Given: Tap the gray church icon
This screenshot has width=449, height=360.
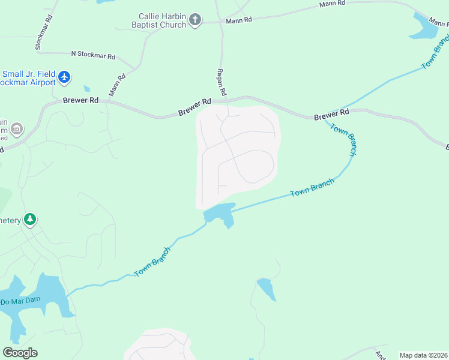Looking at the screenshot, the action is (x=194, y=20).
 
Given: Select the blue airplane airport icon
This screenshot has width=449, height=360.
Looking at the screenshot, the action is (x=65, y=77).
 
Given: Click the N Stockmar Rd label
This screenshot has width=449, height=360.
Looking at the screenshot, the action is (x=93, y=55).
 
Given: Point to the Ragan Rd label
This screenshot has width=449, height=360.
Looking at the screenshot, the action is (x=221, y=81).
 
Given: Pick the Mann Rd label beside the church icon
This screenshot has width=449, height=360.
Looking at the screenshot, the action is (x=238, y=20).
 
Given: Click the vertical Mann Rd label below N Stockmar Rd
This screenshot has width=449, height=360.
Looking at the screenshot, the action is (x=117, y=85).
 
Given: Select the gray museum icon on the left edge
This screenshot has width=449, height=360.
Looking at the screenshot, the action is (x=17, y=128).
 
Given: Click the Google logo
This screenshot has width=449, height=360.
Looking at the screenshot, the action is (x=20, y=353).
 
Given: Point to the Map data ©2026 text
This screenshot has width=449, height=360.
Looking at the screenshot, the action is (x=423, y=355).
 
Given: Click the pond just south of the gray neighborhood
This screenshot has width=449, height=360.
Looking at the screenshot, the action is (x=220, y=213).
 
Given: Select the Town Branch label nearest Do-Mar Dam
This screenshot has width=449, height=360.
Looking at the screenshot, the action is (x=152, y=262).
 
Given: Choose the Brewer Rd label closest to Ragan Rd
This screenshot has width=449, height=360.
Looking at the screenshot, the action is (x=195, y=108).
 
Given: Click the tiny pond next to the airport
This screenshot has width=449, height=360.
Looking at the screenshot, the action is (x=87, y=89).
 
